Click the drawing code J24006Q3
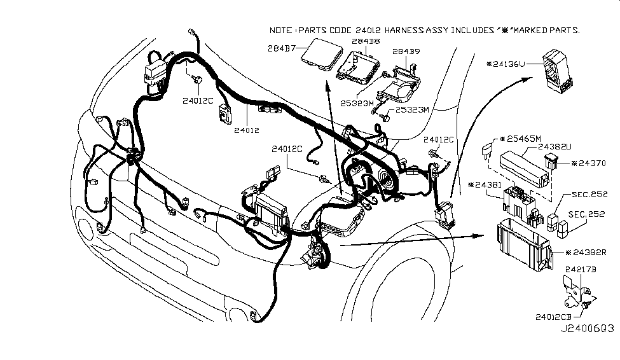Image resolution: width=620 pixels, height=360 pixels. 586,329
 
